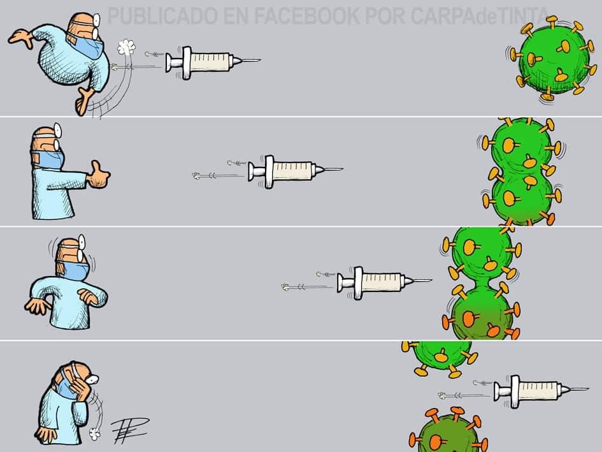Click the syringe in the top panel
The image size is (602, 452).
coord(213,62)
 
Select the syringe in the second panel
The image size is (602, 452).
coord(295,171)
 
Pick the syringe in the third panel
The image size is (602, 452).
coord(385,283)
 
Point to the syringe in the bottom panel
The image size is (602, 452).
coord(541,391)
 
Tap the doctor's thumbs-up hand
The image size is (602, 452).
coord(99,175)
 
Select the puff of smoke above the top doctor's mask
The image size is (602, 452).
coord(126,47)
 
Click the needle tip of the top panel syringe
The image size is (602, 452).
coord(261,60)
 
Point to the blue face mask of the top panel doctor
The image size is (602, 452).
coord(87,47)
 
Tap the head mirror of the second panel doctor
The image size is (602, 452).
coord(57,129)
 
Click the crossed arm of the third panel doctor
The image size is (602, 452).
coord(92,296)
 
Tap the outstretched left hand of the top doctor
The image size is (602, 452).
coord(21,38)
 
